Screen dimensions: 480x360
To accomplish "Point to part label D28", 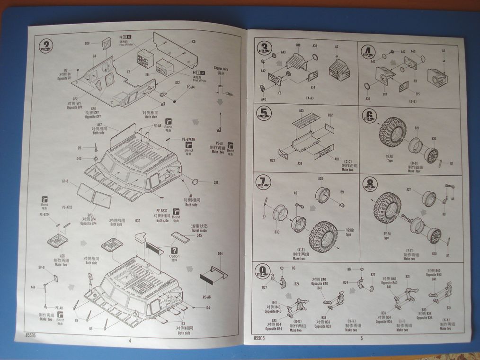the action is [88, 43].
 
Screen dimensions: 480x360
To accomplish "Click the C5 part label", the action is [194, 42].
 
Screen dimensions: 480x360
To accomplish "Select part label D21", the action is [216, 182].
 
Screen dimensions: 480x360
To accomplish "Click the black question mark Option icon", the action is [175, 251].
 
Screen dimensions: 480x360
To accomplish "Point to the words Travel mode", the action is [199, 231].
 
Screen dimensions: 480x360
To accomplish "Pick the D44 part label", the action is [220, 254].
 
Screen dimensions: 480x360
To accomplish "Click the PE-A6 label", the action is [206, 297].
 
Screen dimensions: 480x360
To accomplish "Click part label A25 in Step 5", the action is [301, 110].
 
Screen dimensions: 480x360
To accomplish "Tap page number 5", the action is [361, 338].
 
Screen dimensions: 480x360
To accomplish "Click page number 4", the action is [130, 339].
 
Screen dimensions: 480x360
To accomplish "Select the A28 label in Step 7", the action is [320, 179].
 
